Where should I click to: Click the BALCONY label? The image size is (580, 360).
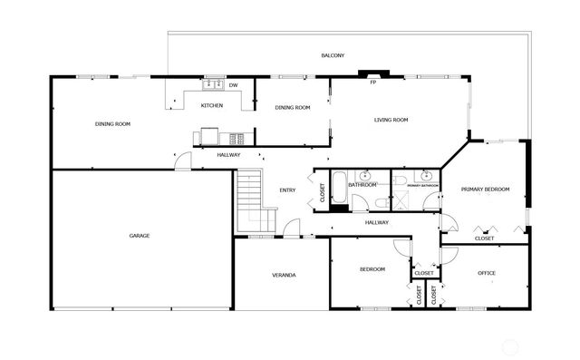pyautogui.click(x=333, y=56)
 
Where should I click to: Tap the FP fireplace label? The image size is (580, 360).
pyautogui.click(x=372, y=83)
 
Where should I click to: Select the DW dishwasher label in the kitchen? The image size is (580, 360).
pyautogui.click(x=233, y=85)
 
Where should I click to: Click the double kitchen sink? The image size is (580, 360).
pyautogui.click(x=214, y=85)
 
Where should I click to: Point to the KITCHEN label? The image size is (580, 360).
pyautogui.click(x=211, y=106)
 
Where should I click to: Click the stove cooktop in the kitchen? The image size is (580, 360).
pyautogui.click(x=237, y=139)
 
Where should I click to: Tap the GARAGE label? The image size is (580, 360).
pyautogui.click(x=139, y=236)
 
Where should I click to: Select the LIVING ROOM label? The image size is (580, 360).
pyautogui.click(x=391, y=120)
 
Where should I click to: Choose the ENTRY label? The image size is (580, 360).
pyautogui.click(x=287, y=190)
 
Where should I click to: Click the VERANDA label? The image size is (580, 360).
pyautogui.click(x=284, y=275)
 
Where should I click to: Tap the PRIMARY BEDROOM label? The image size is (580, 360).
pyautogui.click(x=485, y=190)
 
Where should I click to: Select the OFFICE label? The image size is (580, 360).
pyautogui.click(x=487, y=273)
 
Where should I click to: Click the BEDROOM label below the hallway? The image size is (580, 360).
pyautogui.click(x=372, y=269)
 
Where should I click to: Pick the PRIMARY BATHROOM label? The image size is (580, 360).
pyautogui.click(x=421, y=186)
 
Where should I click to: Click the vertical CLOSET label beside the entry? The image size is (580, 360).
pyautogui.click(x=322, y=191)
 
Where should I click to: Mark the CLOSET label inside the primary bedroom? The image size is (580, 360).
pyautogui.click(x=485, y=238)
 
